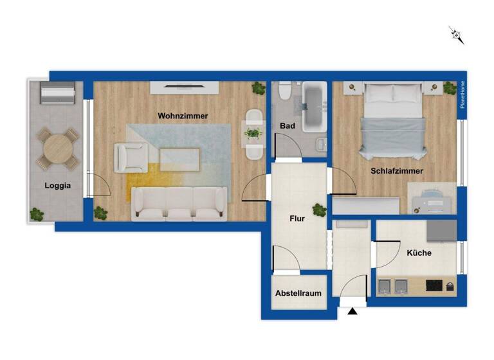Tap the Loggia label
[57, 186]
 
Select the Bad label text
[288, 126]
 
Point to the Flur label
[297, 219]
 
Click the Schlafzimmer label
[396, 171]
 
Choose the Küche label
[419, 253]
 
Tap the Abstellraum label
[298, 293]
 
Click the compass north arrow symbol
[457, 35]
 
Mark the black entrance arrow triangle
[352, 312]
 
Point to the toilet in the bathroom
[284, 94]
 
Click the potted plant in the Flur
[319, 210]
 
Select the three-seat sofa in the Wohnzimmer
[179, 204]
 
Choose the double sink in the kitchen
[393, 285]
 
